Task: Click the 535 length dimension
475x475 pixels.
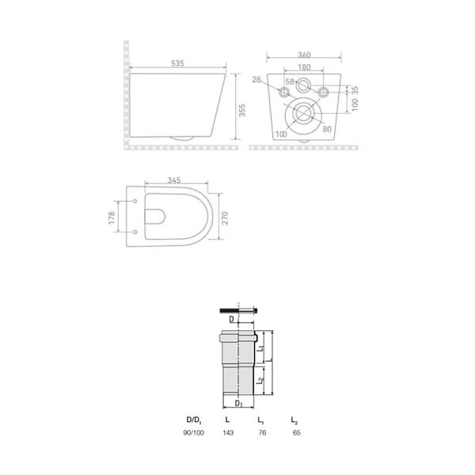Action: [177, 63]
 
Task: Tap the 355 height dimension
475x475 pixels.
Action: [241, 110]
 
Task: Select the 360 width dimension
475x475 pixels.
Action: [304, 55]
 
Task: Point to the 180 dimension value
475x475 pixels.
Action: [304, 67]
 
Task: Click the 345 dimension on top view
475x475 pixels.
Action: [174, 180]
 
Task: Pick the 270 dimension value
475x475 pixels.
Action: [225, 218]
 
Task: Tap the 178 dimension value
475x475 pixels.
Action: [112, 218]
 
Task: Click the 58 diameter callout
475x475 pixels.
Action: [290, 82]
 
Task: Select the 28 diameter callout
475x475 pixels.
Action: [256, 80]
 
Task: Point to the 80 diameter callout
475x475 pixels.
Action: [327, 129]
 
